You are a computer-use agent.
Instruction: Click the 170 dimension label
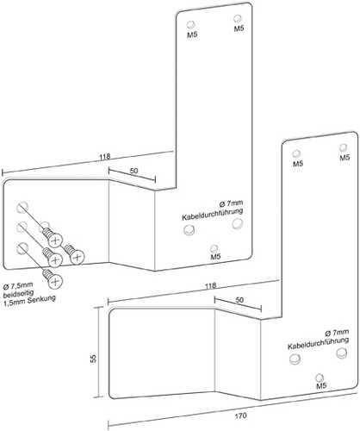(x=240, y=415)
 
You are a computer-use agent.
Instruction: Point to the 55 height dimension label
(x=93, y=359)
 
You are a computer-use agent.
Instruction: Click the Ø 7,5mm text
(x=18, y=285)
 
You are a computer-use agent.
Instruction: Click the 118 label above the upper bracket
(x=105, y=157)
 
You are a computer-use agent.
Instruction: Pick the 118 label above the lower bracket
(x=210, y=286)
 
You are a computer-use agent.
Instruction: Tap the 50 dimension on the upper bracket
(x=133, y=171)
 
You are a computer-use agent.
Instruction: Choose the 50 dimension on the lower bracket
(x=239, y=300)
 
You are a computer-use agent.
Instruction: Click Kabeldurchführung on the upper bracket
(x=213, y=215)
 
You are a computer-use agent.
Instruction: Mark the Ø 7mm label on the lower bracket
(x=337, y=333)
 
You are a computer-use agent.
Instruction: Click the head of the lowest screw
(x=55, y=281)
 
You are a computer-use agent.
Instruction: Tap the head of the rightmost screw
(x=77, y=257)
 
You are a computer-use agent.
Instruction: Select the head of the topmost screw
(x=55, y=240)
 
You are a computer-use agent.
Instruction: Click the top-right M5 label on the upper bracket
(x=239, y=28)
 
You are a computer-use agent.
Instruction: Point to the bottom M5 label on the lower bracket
(x=321, y=386)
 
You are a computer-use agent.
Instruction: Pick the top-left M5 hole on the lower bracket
(x=296, y=153)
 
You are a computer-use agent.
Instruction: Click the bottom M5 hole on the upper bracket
(x=214, y=248)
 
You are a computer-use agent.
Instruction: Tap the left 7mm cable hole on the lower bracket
(x=295, y=359)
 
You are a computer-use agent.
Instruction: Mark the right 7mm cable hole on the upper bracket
(x=238, y=223)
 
